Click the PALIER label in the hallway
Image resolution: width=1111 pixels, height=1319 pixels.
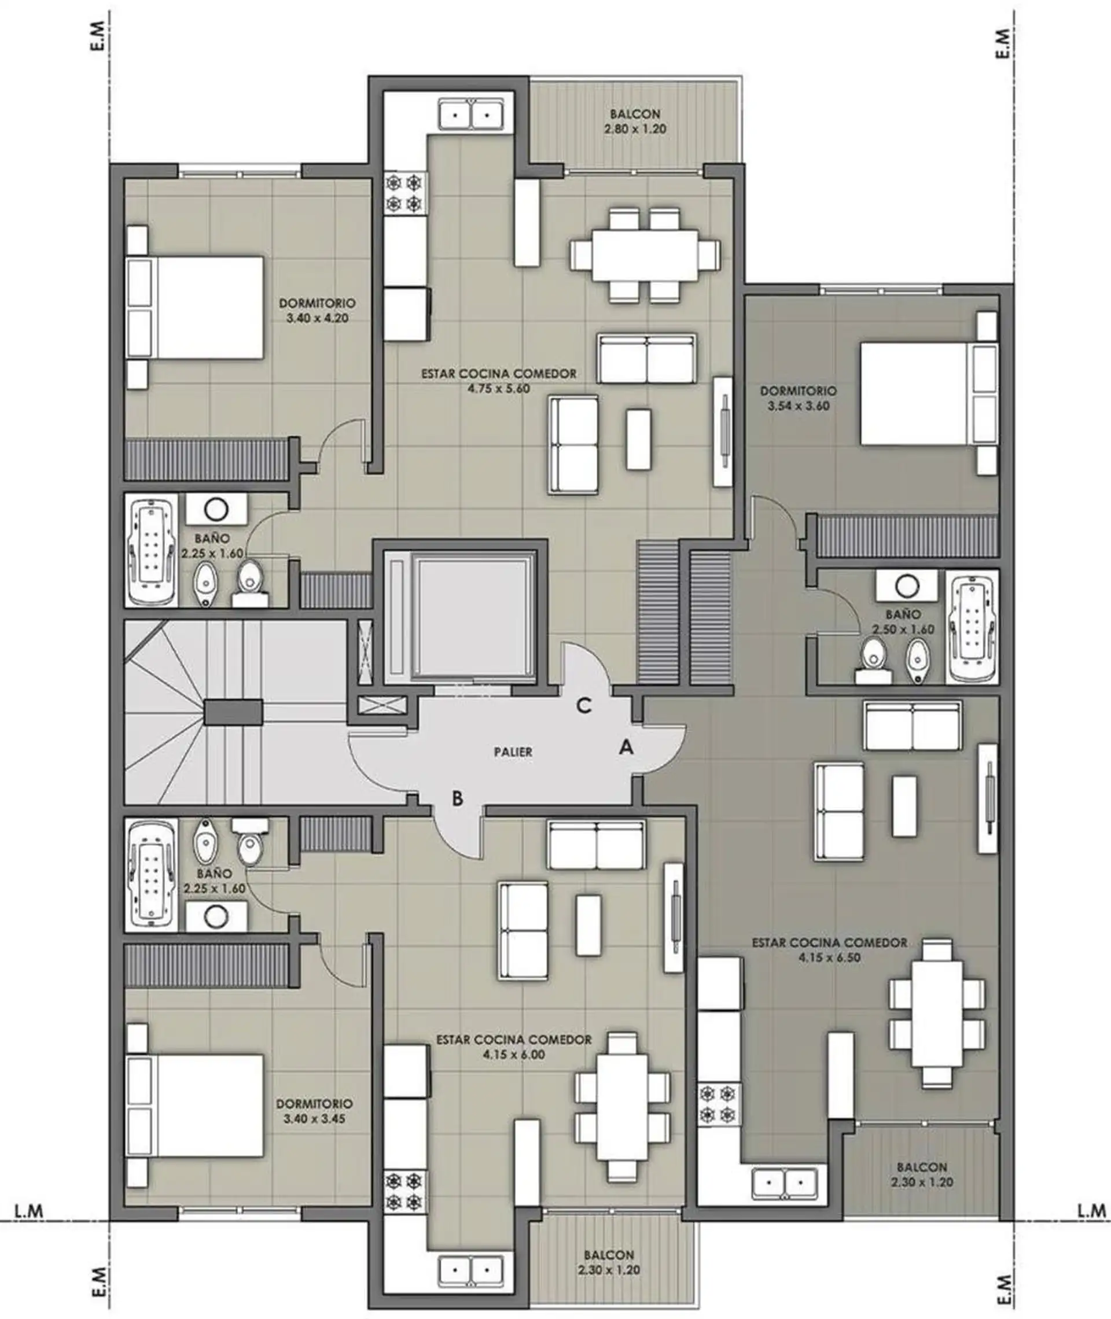(x=513, y=751)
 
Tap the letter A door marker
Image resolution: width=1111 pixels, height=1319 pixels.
(x=626, y=747)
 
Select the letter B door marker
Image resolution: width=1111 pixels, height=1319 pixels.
(x=458, y=798)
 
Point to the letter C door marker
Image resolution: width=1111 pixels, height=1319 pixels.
(x=584, y=706)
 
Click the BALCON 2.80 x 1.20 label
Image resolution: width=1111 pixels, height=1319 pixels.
(x=635, y=121)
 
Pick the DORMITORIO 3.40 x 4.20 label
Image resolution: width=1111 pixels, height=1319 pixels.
(x=318, y=311)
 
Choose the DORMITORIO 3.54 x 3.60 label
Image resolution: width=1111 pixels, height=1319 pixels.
(x=798, y=398)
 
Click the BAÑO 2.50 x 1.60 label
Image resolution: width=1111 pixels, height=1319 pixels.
(x=903, y=621)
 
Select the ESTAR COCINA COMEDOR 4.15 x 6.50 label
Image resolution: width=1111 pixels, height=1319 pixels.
(x=829, y=950)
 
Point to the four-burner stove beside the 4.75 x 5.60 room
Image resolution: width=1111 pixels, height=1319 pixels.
(x=404, y=193)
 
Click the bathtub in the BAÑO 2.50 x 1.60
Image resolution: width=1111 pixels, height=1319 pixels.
(x=973, y=627)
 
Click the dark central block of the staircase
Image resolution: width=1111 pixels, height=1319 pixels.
(x=233, y=712)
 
